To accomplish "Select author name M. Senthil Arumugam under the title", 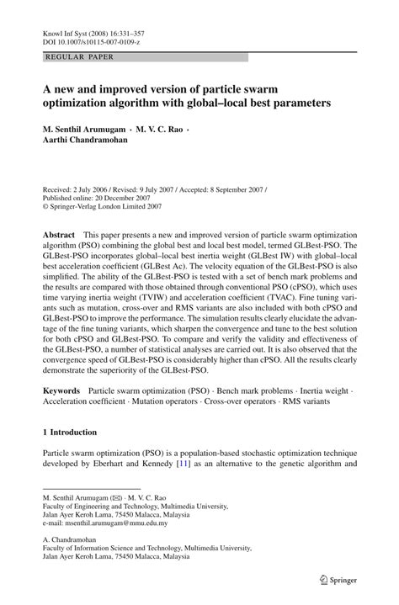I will pyautogui.click(x=84, y=131).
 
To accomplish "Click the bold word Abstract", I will pyautogui.click(x=59, y=234).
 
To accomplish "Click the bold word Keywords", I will pyautogui.click(x=62, y=392).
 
